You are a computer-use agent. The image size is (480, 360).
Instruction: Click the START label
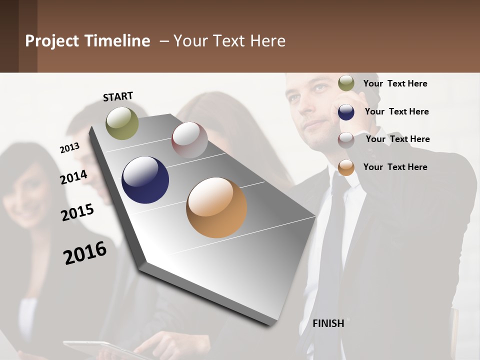118,96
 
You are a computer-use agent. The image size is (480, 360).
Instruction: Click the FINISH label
328,323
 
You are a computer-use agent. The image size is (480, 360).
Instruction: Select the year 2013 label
69,147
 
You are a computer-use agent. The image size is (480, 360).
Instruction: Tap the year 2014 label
73,177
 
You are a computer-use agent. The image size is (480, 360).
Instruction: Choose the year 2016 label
85,252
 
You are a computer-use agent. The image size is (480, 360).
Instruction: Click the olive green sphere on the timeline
122,123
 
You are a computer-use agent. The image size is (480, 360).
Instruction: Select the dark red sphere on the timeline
189,139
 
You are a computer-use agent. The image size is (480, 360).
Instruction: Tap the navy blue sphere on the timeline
145,180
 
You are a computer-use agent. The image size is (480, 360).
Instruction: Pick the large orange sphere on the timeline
216,207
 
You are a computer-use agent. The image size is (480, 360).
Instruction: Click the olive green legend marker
346,83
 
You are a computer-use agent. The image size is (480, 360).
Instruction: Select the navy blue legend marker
346,111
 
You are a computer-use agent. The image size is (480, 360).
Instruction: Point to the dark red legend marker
346,140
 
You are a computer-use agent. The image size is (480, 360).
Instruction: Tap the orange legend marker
346,167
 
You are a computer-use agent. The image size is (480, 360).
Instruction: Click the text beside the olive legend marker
395,83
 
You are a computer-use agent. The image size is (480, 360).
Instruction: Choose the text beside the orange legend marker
395,167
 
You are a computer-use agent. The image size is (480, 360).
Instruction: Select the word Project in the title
51,41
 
